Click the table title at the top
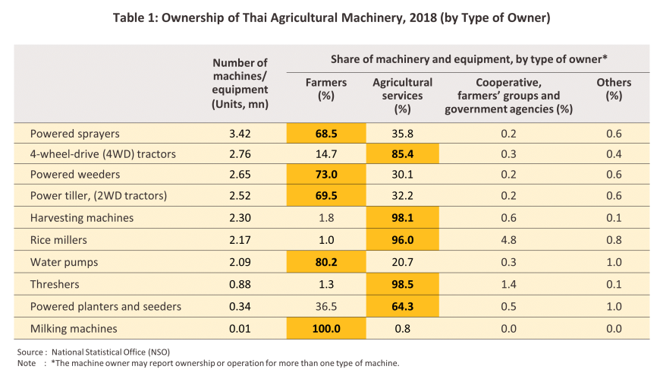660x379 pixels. [x=329, y=17]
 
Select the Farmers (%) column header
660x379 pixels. [x=325, y=89]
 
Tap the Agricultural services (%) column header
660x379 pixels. [x=402, y=96]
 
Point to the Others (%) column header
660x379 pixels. [x=614, y=89]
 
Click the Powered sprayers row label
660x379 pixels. [x=75, y=134]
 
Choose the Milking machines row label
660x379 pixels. [x=74, y=328]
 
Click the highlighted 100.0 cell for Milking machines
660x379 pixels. [x=325, y=328]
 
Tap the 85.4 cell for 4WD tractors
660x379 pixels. [x=402, y=154]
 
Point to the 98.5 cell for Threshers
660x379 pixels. [x=402, y=286]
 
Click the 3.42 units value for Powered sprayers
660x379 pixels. [x=240, y=134]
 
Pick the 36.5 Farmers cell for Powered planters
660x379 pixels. [x=325, y=307]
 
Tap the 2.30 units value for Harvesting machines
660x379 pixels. [x=240, y=217]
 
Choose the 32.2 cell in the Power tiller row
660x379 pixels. [x=402, y=196]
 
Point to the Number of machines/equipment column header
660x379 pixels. [x=240, y=83]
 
